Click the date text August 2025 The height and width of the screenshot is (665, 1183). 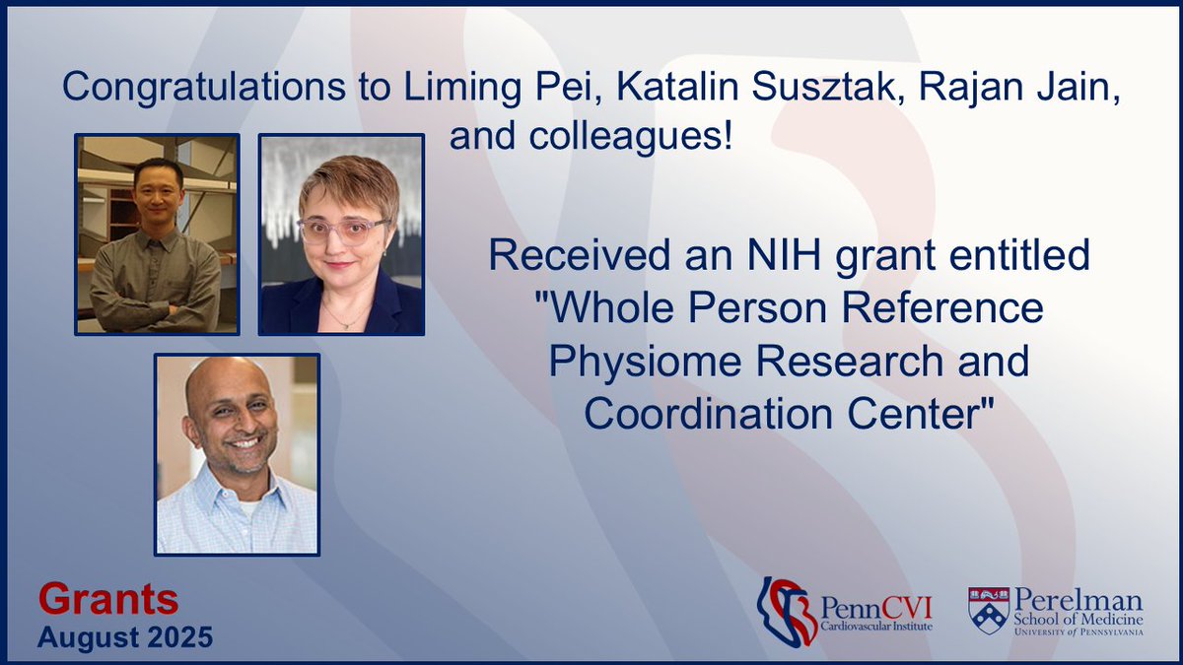[125, 636]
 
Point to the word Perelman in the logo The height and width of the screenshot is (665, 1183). [1078, 599]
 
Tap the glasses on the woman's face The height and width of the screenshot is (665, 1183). [342, 231]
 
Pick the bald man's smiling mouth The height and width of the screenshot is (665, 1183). [241, 440]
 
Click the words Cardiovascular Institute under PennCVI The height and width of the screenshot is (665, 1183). [875, 626]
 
